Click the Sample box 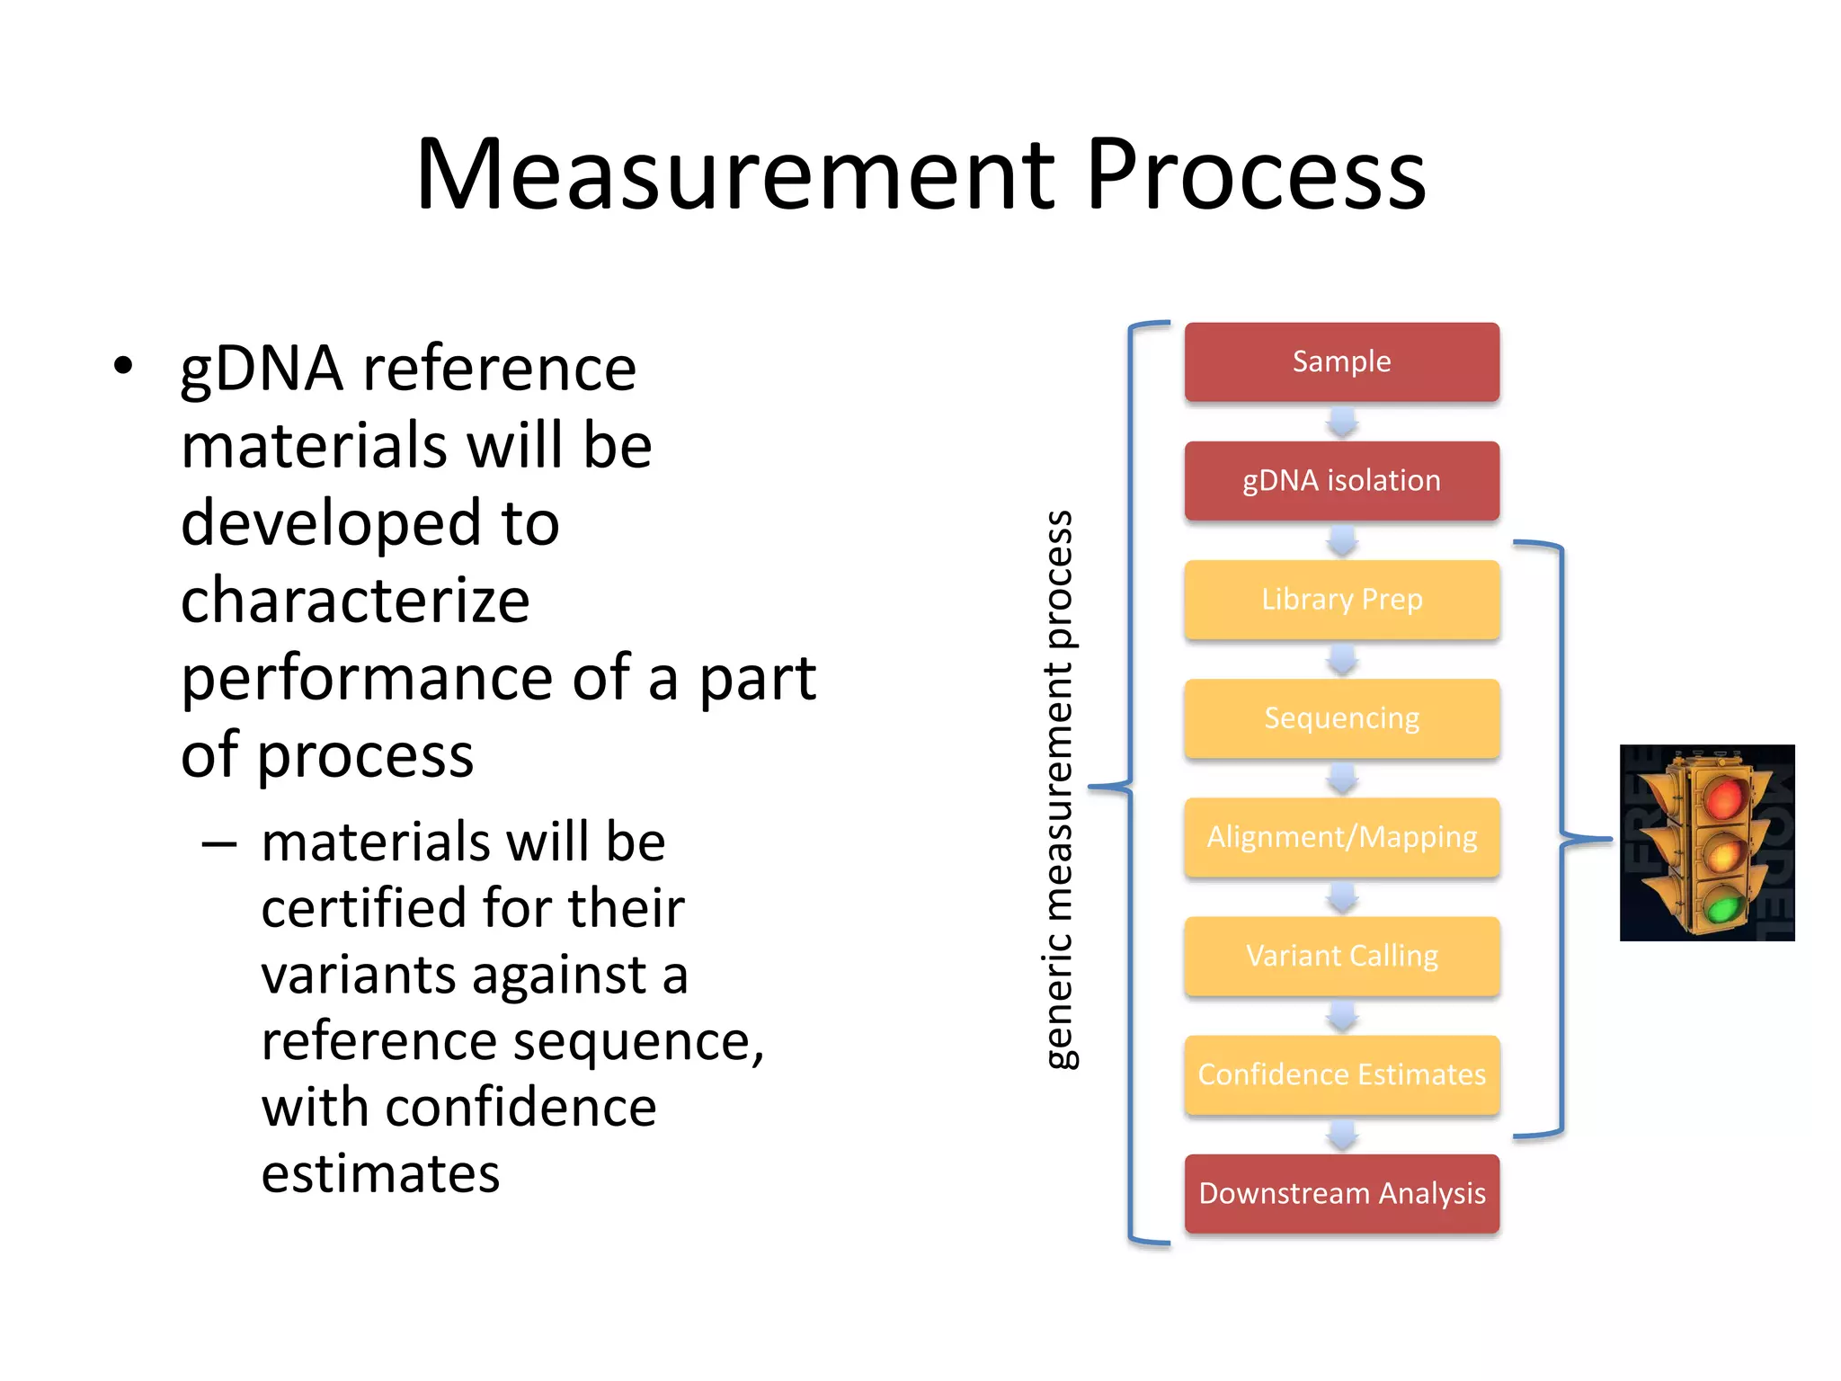pyautogui.click(x=1341, y=361)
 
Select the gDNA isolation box pyautogui.click(x=1341, y=480)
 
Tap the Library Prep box pyautogui.click(x=1341, y=599)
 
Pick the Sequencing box pyautogui.click(x=1341, y=717)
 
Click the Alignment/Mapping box pyautogui.click(x=1341, y=836)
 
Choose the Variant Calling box pyautogui.click(x=1341, y=955)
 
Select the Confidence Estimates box pyautogui.click(x=1341, y=1074)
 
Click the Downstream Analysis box pyautogui.click(x=1341, y=1192)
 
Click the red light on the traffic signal pyautogui.click(x=1723, y=797)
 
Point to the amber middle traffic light pyautogui.click(x=1723, y=854)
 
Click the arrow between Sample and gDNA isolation pyautogui.click(x=1342, y=422)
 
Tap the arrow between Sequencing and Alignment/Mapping pyautogui.click(x=1342, y=778)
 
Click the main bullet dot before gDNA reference pyautogui.click(x=123, y=366)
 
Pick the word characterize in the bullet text pyautogui.click(x=355, y=601)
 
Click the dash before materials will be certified pyautogui.click(x=219, y=844)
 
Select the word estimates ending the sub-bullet pyautogui.click(x=380, y=1173)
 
